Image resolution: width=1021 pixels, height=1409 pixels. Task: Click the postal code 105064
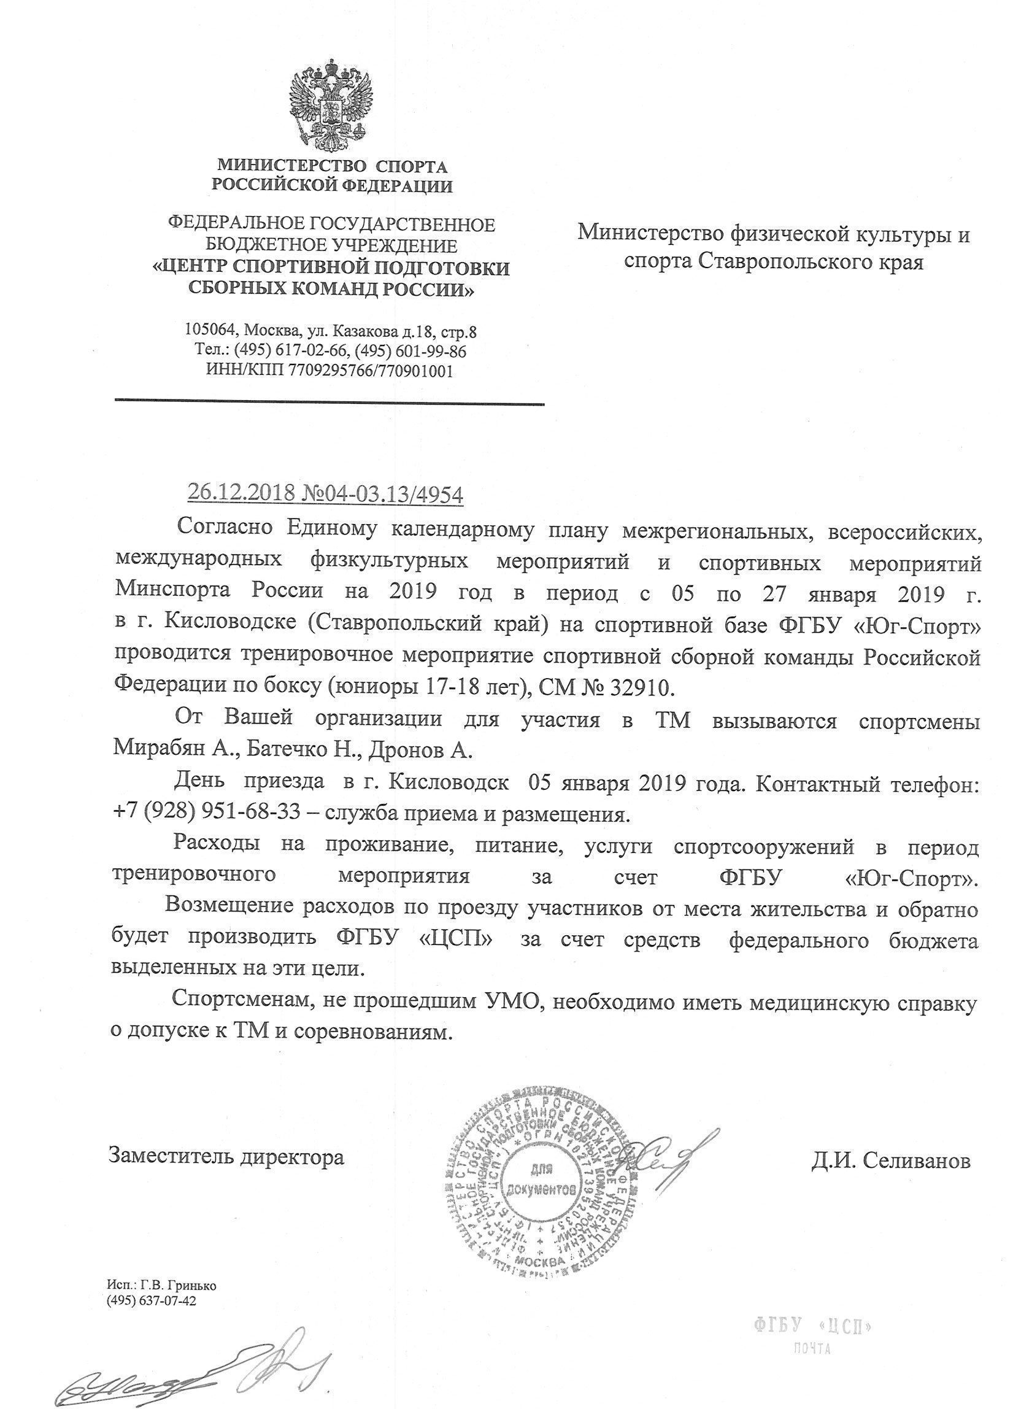pos(211,331)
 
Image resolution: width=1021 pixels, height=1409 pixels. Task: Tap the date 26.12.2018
pos(234,494)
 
